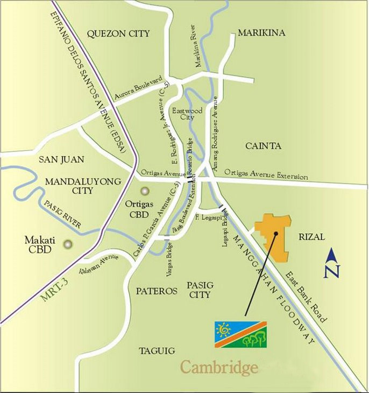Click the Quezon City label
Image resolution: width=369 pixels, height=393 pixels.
[x=118, y=33]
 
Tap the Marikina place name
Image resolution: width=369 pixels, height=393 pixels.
[x=261, y=33]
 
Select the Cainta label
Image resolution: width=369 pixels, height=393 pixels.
[x=263, y=145]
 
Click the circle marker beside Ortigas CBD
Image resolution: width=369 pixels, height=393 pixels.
[x=144, y=191]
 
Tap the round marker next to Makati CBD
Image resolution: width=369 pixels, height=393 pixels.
[x=67, y=244]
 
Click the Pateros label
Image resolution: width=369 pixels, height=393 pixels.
[x=157, y=291]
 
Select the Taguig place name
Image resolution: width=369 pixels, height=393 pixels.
[x=157, y=350]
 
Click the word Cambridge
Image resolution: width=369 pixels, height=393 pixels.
[x=218, y=368]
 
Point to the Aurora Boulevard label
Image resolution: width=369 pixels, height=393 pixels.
[x=138, y=88]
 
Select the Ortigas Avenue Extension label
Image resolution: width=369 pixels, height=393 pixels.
[x=266, y=175]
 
